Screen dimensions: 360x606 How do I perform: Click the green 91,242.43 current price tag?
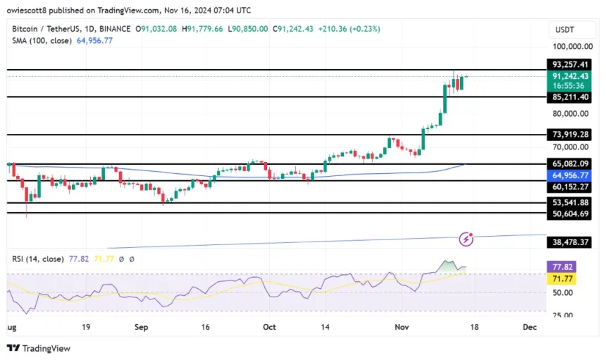tap(570, 76)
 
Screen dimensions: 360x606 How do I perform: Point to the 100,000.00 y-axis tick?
tap(571, 46)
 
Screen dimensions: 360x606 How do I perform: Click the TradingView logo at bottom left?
tap(38, 348)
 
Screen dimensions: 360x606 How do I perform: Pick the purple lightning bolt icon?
tap(465, 240)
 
